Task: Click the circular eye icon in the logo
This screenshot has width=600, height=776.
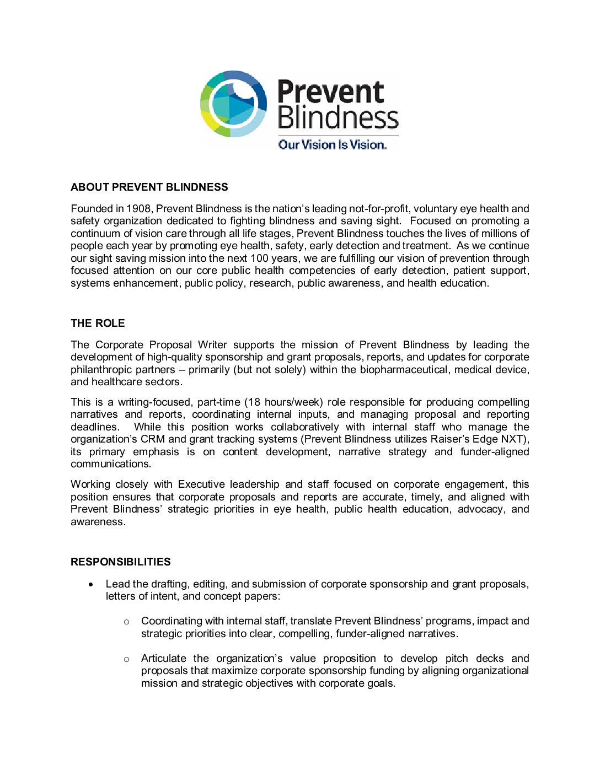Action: pyautogui.click(x=233, y=104)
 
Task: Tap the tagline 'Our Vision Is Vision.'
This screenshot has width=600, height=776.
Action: pyautogui.click(x=332, y=144)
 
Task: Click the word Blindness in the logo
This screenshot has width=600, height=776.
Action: pyautogui.click(x=337, y=118)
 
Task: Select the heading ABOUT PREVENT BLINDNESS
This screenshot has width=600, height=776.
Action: pyautogui.click(x=149, y=187)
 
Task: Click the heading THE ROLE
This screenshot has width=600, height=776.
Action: pyautogui.click(x=98, y=324)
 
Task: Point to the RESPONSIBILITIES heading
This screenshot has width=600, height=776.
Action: pyautogui.click(x=120, y=562)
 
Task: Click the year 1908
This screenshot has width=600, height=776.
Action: pyautogui.click(x=138, y=209)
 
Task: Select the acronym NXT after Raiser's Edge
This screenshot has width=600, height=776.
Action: pyautogui.click(x=512, y=439)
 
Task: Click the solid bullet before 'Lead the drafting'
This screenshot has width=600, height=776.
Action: pyautogui.click(x=92, y=584)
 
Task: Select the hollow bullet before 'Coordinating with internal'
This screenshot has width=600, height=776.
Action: pyautogui.click(x=126, y=622)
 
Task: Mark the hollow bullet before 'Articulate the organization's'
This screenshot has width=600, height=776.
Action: pyautogui.click(x=126, y=659)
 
